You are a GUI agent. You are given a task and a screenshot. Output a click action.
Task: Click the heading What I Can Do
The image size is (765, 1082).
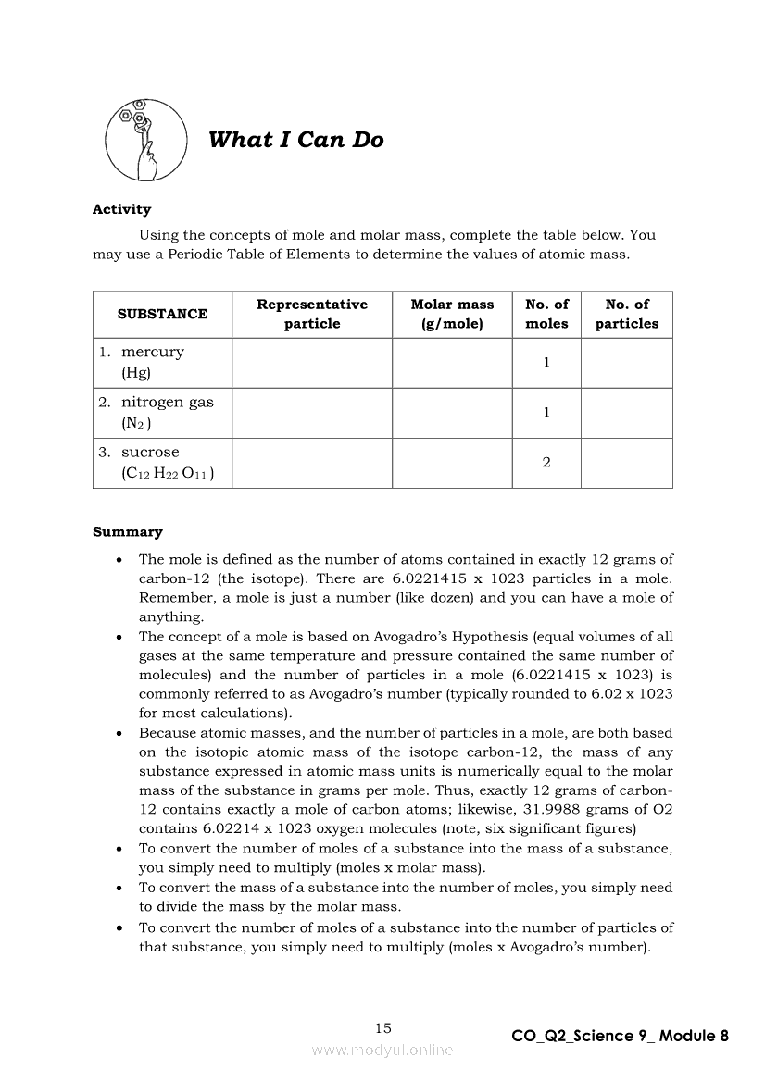[x=295, y=141]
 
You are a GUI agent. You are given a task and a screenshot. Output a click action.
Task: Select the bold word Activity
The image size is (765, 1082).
[x=121, y=209]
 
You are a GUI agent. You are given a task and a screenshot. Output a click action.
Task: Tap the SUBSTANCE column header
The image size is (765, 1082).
[x=162, y=314]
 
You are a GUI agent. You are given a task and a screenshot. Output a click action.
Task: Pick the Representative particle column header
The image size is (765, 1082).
[x=312, y=314]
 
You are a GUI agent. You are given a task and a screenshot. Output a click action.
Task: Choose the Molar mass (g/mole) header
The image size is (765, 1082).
[x=452, y=314]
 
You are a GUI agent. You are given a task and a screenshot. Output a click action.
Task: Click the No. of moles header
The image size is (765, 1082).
[x=546, y=314]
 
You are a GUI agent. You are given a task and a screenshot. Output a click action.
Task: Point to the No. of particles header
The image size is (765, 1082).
[x=626, y=314]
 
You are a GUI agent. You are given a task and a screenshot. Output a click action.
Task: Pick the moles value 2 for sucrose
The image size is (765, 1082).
[x=546, y=463]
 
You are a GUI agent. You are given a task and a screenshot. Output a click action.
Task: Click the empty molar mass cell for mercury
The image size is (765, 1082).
[x=452, y=363]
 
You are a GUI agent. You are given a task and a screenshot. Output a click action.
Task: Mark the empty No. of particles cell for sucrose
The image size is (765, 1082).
[x=626, y=463]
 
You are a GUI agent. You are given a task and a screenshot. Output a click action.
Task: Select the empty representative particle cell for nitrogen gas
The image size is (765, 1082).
[x=312, y=413]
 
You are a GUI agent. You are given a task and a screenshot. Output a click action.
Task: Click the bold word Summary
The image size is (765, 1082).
[x=128, y=532]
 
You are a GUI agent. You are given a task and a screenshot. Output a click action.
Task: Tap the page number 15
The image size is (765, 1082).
[x=383, y=1027]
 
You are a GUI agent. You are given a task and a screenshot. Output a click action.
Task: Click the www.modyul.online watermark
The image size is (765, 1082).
[x=382, y=1050]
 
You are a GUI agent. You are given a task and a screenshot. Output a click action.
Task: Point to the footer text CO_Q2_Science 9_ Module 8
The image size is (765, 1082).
[x=620, y=1036]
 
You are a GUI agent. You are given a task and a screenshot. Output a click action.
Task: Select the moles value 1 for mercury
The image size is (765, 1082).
[x=546, y=363]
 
